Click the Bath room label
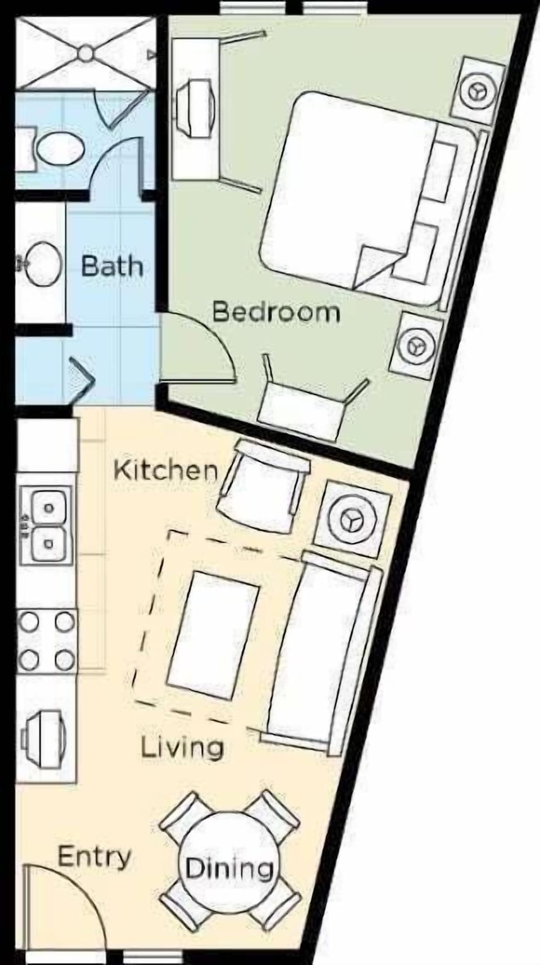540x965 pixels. [112, 265]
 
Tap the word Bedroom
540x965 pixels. [276, 312]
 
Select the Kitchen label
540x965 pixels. [165, 470]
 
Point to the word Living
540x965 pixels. [182, 748]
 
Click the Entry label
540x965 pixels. [94, 857]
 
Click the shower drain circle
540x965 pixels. [85, 53]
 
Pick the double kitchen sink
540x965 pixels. [47, 526]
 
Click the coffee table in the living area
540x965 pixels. [213, 634]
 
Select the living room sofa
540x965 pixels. [321, 652]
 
